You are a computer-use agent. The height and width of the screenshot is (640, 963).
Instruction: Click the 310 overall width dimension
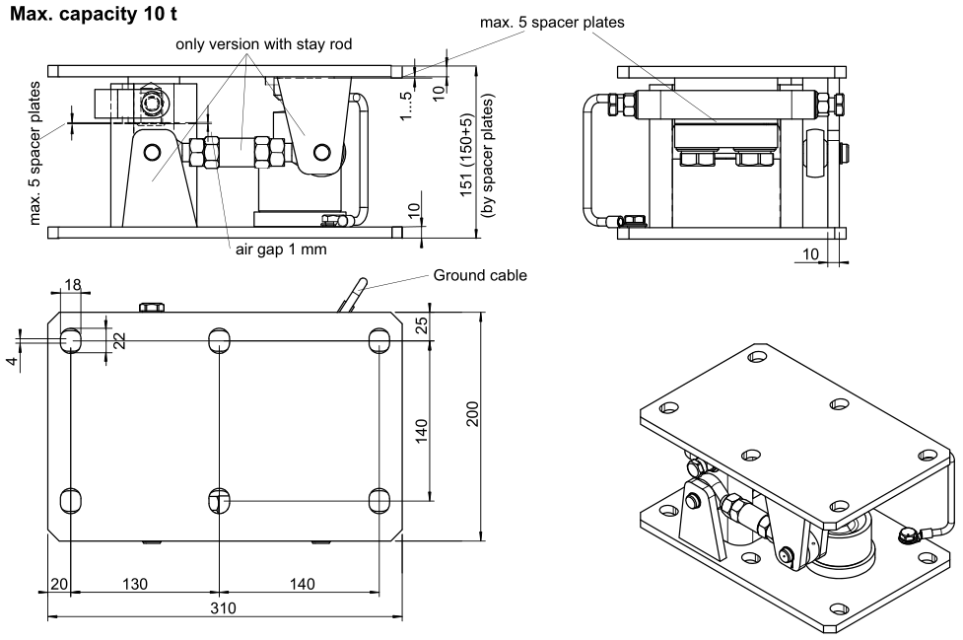click(226, 608)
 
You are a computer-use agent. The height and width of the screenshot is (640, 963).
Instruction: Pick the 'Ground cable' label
click(480, 276)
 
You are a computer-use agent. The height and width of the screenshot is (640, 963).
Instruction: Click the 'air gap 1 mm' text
click(280, 249)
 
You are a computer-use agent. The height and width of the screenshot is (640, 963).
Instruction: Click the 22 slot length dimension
click(119, 339)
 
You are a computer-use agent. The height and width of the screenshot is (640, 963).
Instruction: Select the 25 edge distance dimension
click(421, 326)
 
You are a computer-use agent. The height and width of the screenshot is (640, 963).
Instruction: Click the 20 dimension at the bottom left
click(58, 583)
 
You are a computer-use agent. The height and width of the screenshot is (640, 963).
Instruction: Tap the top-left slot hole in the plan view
click(71, 341)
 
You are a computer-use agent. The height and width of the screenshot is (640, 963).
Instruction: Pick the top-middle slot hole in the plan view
click(219, 341)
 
